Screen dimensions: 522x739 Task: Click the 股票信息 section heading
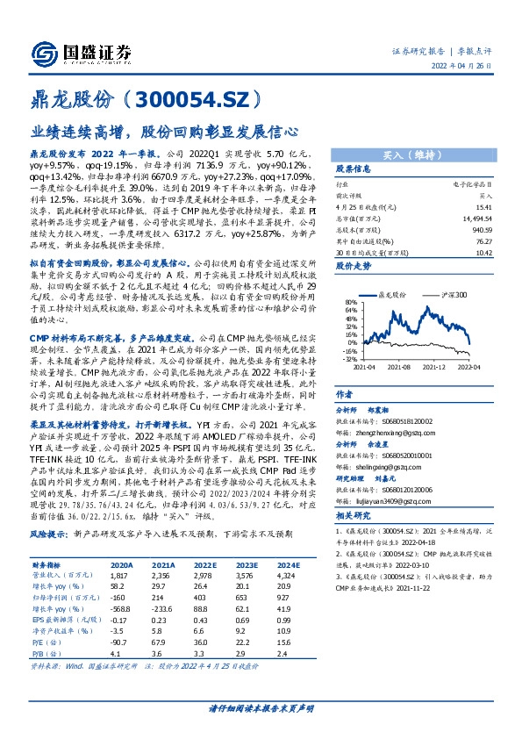354,170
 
